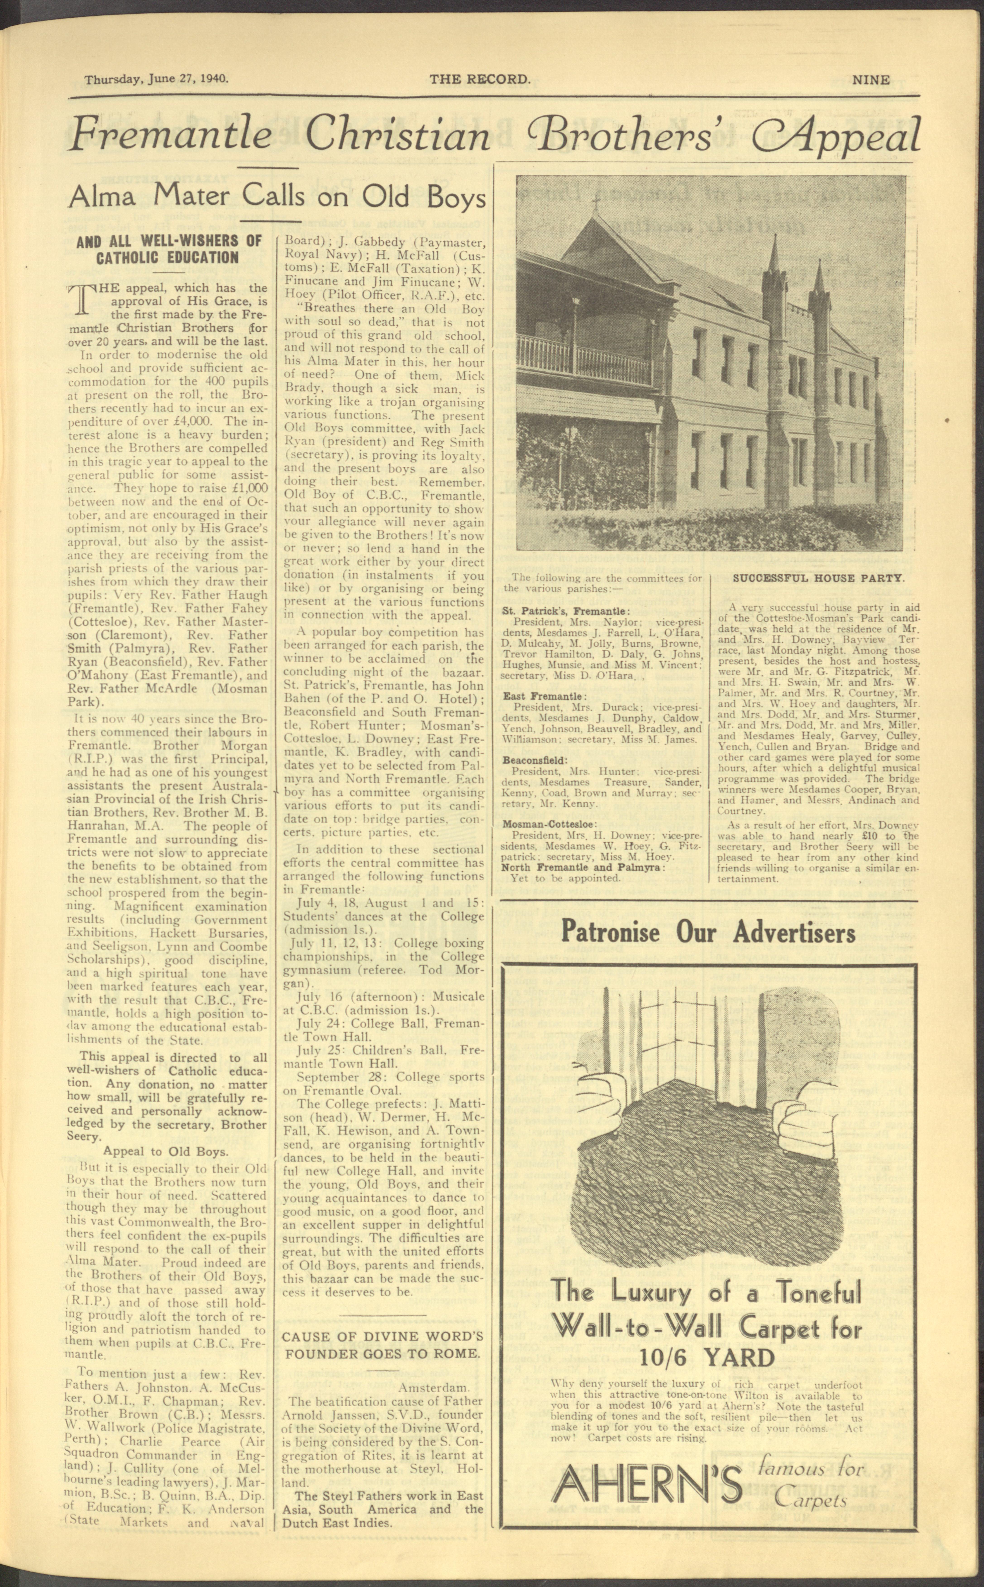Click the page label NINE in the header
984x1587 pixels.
(871, 80)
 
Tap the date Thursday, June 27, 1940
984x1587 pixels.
(156, 79)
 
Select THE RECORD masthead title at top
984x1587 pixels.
(480, 79)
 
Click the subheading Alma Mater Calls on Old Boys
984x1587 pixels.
(277, 196)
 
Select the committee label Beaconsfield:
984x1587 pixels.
(534, 760)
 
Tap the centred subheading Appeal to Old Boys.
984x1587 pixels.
(165, 1151)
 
